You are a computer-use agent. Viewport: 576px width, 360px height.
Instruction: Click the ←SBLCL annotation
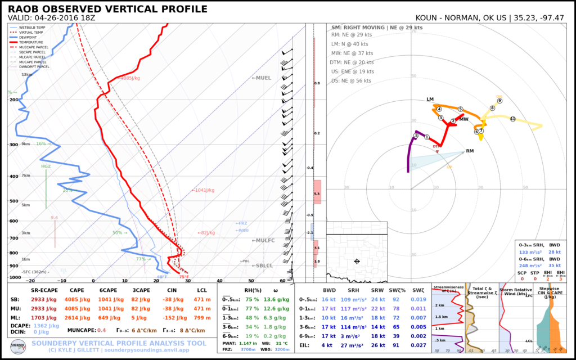262,265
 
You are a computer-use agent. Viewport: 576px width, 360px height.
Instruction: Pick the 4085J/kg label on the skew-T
130,79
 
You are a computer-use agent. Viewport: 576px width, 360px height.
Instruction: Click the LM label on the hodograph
430,100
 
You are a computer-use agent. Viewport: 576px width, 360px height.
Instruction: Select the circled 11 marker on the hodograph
512,119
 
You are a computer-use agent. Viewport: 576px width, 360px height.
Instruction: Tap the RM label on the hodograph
470,151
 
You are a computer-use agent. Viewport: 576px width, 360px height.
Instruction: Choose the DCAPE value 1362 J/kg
46,326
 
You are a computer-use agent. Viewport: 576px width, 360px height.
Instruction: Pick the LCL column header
202,290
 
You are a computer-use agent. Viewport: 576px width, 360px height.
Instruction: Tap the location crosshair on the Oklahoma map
357,262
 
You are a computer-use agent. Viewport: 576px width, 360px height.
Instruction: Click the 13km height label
27,75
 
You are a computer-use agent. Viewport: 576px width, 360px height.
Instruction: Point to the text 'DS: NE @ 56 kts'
351,81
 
